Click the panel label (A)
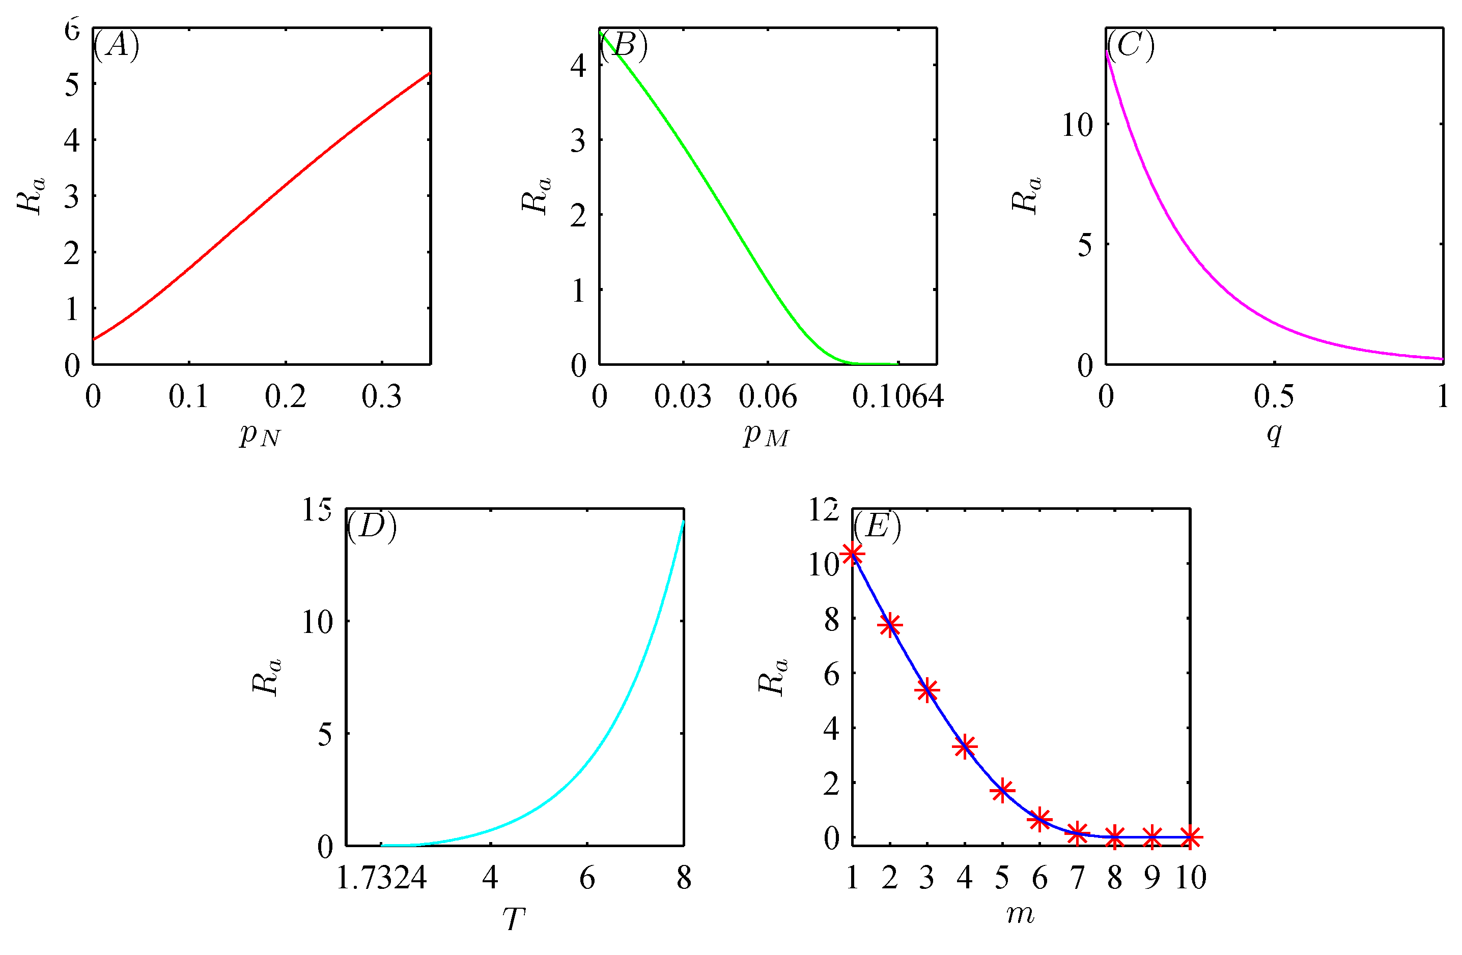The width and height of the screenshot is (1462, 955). coord(116,45)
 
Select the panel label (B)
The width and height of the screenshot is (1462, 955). coord(624,45)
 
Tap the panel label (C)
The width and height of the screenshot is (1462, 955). coord(1130,45)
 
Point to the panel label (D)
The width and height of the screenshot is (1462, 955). coord(372,526)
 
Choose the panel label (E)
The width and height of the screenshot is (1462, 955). coord(877,526)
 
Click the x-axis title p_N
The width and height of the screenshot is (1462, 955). coord(261,435)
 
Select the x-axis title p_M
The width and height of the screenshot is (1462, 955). coord(766,435)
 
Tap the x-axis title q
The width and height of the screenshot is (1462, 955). coord(1274,433)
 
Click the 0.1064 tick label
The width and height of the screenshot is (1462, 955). coord(897,397)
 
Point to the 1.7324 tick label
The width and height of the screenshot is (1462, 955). coord(381,878)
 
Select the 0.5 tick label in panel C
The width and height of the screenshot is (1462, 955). coord(1274,397)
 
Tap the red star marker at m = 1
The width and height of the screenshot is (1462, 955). coord(853,554)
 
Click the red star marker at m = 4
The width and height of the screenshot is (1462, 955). coord(965,747)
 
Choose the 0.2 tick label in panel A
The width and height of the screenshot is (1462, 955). coord(286,397)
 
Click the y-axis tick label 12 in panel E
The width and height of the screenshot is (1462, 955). coord(824,509)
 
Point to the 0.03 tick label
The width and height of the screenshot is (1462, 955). coord(683,397)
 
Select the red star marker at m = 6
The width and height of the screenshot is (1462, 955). coord(1040,819)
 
